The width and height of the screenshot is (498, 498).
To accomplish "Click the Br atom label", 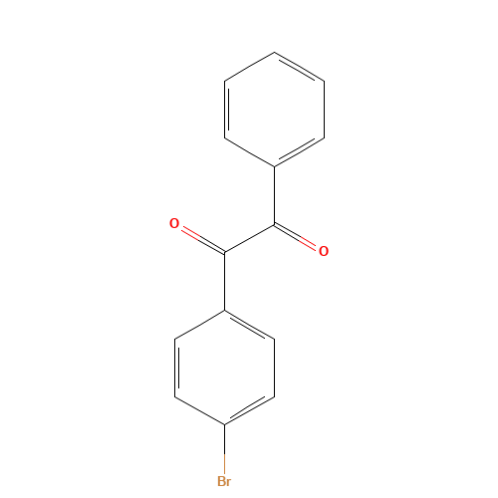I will click(224, 482).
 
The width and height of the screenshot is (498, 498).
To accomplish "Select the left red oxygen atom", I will click(174, 223).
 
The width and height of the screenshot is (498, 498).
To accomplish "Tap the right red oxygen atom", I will click(324, 251).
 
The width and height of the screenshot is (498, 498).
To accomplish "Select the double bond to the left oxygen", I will click(197, 237).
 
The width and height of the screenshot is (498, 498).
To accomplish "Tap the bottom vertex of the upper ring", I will click(274, 165).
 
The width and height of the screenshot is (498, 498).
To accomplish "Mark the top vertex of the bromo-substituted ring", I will click(224, 311).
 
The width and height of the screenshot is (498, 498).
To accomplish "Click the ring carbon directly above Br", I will click(224, 424).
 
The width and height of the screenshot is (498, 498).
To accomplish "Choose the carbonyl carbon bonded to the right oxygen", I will click(274, 224).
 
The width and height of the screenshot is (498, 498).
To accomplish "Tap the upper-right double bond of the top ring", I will click(299, 68).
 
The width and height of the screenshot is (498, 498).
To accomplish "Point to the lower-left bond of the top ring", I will click(249, 151).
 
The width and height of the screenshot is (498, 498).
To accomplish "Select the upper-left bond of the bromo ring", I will click(199, 325).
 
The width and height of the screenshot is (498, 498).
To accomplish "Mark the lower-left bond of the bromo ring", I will click(199, 410).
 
